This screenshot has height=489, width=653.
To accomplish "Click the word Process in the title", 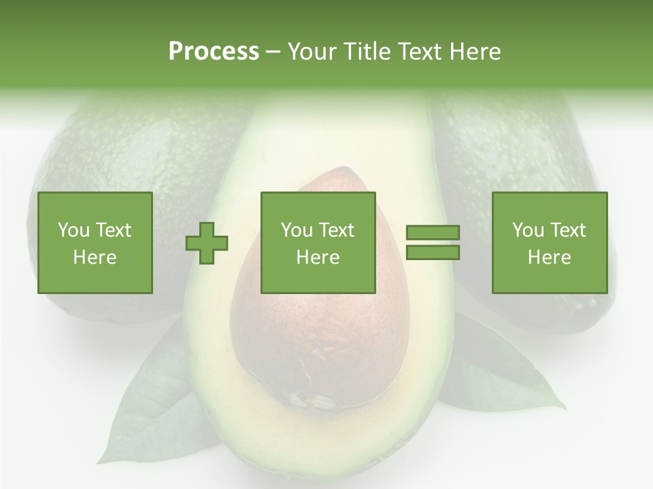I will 214,52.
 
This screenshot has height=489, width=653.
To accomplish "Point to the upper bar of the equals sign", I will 433,233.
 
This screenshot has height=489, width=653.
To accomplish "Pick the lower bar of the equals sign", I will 433,253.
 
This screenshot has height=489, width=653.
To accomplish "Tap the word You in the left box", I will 73,230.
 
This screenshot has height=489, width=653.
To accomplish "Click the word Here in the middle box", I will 318,257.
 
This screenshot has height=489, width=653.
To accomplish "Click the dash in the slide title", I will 273,52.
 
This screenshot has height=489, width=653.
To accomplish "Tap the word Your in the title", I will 312,52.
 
